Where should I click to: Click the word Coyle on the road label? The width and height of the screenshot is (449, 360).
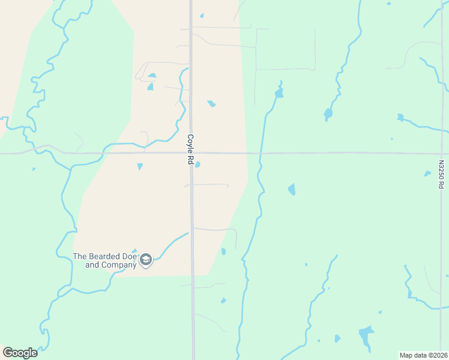[190, 141]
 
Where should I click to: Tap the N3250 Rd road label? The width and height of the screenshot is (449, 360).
[441, 174]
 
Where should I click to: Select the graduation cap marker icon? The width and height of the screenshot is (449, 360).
[145, 260]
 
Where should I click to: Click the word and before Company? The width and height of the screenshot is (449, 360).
[92, 265]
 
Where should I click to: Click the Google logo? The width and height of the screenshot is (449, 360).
[20, 353]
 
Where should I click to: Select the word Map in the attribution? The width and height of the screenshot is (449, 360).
[407, 355]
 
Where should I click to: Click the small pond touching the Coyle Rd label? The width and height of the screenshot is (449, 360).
[197, 164]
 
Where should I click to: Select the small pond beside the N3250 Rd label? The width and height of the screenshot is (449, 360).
[427, 174]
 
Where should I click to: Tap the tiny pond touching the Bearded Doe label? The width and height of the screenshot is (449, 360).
[134, 251]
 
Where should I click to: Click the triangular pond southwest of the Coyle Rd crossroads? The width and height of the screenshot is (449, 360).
[140, 166]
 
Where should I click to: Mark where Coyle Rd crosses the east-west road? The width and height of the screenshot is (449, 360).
[191, 153]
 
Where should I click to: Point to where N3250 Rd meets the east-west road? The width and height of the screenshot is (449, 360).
[442, 153]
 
